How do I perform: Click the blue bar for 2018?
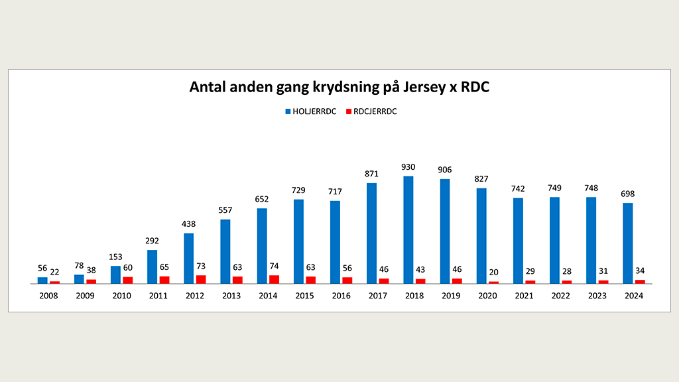tap(408, 229)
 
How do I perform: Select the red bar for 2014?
tap(274, 279)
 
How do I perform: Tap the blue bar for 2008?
tap(42, 281)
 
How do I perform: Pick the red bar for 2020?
tap(494, 283)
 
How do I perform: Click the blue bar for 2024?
tap(628, 243)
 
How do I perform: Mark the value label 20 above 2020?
tap(494, 273)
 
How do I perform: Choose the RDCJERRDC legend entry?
tap(370, 111)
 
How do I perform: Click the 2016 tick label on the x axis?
tap(341, 295)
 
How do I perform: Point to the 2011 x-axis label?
tap(158, 295)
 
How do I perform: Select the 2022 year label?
tap(560, 295)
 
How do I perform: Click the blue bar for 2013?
tap(225, 251)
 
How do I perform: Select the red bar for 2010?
tap(127, 280)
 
